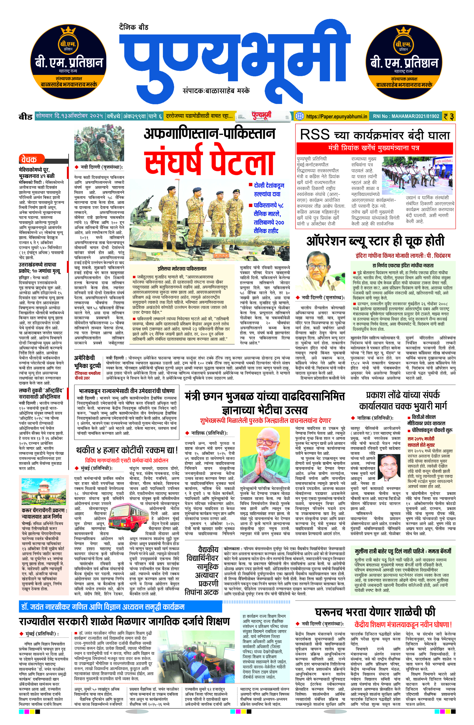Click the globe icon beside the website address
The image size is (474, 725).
click(300, 116)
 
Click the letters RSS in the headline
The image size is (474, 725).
click(315, 135)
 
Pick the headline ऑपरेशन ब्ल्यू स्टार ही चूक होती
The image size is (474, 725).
click(375, 241)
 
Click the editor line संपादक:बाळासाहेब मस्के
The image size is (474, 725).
click(216, 91)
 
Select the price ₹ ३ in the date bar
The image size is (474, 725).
click(449, 116)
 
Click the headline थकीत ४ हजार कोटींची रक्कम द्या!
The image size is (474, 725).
click(127, 450)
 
